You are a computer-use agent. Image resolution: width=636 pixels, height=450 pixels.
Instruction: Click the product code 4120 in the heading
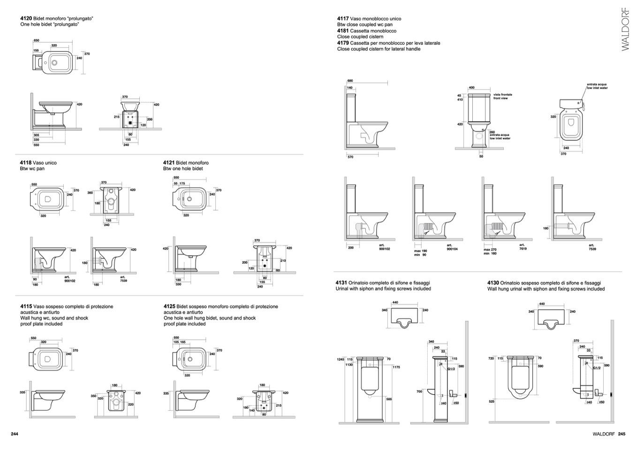(x=26, y=18)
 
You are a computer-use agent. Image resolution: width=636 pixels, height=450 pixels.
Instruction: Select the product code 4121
(x=169, y=163)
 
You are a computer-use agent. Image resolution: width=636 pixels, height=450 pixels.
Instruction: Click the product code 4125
(x=169, y=306)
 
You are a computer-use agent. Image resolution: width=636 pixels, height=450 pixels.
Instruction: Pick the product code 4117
(x=343, y=19)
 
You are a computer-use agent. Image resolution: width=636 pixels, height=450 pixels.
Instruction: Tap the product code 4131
(x=341, y=283)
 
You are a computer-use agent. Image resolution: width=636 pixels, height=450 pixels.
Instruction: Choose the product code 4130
(x=493, y=283)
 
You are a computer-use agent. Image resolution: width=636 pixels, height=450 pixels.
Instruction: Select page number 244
(x=15, y=434)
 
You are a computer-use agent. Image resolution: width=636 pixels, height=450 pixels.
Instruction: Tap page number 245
(x=621, y=434)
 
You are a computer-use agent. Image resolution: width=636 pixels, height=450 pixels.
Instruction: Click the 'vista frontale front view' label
(x=503, y=97)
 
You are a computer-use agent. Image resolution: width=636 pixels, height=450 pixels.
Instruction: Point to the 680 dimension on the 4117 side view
(x=350, y=81)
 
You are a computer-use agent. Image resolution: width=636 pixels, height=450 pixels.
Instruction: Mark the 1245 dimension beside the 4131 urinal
(x=341, y=359)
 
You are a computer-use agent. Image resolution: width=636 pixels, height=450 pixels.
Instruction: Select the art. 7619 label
(x=522, y=247)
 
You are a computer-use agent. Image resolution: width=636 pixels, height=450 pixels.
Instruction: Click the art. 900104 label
(x=452, y=247)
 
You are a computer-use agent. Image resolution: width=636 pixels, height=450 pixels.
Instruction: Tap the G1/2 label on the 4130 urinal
(x=597, y=368)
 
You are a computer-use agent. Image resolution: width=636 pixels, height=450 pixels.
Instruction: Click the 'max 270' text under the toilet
(x=490, y=250)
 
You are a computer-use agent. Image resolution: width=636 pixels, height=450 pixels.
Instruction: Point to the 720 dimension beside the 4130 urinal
(x=491, y=358)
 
